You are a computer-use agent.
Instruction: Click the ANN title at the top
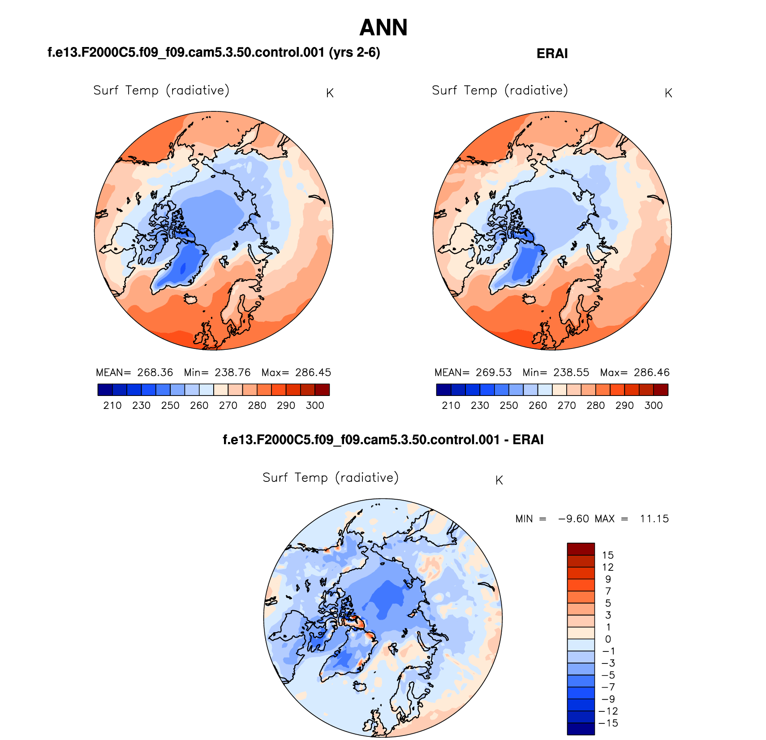point(383,28)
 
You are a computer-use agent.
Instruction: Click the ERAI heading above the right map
point(552,54)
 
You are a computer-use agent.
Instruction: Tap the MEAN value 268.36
point(155,372)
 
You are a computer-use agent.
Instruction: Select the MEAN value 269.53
point(494,372)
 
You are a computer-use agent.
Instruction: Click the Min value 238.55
point(571,372)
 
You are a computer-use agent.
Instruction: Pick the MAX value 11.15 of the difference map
point(654,519)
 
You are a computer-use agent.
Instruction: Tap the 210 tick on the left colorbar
point(112,405)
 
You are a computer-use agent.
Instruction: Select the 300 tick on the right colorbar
point(654,405)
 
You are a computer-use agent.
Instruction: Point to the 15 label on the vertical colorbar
point(608,555)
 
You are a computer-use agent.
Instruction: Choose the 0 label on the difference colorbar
point(608,639)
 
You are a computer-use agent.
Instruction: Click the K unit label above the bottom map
point(499,480)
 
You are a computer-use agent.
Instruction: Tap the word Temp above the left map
point(142,90)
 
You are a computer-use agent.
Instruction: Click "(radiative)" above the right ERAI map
point(536,90)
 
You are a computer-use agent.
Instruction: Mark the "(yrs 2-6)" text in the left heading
point(354,53)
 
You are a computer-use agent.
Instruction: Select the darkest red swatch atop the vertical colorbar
point(581,549)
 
